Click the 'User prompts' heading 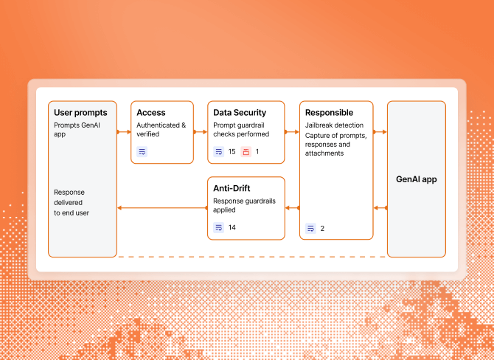80,113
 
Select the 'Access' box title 151,113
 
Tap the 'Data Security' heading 240,113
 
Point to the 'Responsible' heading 329,113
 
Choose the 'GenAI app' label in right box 417,179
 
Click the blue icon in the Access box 142,151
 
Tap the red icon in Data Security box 246,151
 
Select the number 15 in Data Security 232,151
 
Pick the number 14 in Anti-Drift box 232,228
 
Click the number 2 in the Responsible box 322,228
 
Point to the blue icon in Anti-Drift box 219,228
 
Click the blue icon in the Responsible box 310,228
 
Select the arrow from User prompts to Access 124,132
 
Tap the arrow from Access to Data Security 201,132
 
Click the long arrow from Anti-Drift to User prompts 162,208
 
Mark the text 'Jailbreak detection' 334,125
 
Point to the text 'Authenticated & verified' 161,130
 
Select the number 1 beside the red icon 257,151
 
